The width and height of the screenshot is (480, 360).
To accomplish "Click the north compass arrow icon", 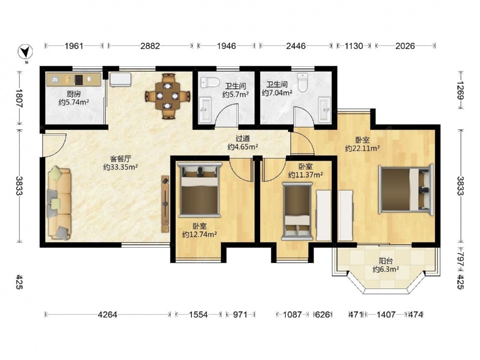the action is point(25,52).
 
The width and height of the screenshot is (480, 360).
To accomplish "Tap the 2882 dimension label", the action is point(150,46).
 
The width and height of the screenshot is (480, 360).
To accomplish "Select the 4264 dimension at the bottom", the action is point(108,314).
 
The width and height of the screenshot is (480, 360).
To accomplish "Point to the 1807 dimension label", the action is point(19,98).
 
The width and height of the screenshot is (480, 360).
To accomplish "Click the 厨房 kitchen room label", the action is point(74,94).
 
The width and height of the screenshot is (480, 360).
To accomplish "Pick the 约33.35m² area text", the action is point(120,167).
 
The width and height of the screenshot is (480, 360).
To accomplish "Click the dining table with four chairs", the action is point(168,96).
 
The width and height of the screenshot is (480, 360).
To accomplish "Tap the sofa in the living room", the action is point(59,203).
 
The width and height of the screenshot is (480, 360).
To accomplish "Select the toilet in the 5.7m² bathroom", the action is point(210,83).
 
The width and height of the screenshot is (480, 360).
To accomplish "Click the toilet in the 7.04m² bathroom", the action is point(302,83).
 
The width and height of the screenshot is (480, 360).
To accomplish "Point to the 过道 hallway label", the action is point(242,139).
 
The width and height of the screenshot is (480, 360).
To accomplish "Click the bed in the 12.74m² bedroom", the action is point(200,190).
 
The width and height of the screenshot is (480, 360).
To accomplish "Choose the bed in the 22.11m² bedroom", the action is point(406,190).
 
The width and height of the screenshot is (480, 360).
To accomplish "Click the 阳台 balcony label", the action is point(386,261).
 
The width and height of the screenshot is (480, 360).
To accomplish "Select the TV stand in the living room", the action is point(165,204).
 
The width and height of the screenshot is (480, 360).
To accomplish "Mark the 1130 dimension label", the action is point(354,46).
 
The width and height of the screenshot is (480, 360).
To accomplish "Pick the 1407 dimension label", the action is point(386,314).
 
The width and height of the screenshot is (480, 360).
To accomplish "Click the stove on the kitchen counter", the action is point(79,80).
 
